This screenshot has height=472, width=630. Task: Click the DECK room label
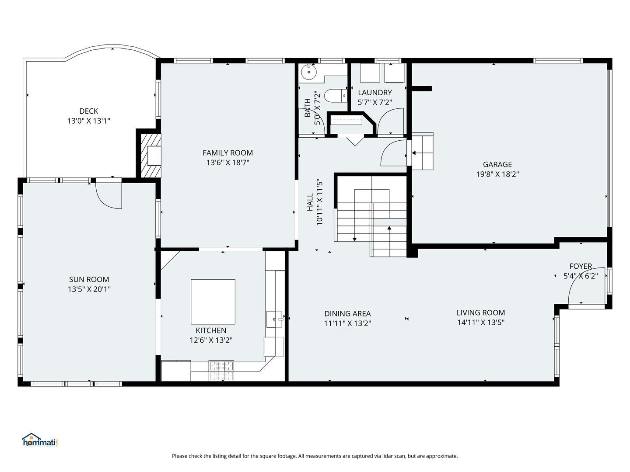click(89, 111)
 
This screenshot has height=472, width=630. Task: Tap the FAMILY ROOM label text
click(227, 153)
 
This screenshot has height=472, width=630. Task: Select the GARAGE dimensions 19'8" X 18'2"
click(497, 174)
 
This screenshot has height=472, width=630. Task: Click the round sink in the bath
click(308, 71)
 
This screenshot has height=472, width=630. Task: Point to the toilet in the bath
click(336, 95)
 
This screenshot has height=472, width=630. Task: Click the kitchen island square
click(213, 302)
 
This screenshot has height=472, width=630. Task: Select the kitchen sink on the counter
click(275, 319)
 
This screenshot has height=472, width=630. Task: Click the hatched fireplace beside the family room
click(150, 155)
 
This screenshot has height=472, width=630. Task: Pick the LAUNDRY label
click(375, 93)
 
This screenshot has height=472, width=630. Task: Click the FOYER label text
click(581, 266)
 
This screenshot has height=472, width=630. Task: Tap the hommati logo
click(40, 440)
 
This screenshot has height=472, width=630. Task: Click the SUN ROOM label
click(89, 279)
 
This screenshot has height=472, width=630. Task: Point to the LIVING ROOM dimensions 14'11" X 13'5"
click(481, 323)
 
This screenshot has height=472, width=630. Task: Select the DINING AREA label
click(347, 313)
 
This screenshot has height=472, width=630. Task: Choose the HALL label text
click(310, 202)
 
